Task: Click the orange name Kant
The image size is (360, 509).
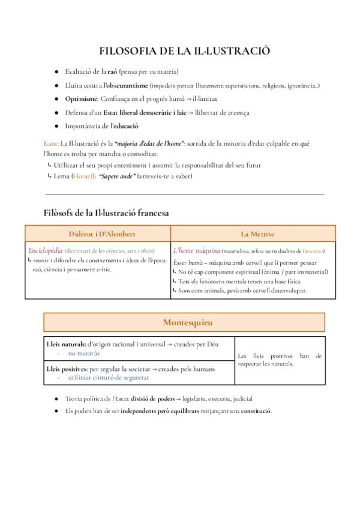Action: [51, 143]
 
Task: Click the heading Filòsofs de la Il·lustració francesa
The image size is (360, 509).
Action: [106, 212]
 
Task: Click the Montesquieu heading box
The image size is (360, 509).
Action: [185, 322]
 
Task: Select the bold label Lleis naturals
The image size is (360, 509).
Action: [66, 344]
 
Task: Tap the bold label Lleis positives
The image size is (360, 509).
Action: [67, 369]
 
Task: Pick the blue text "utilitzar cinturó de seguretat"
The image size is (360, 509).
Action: [109, 378]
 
